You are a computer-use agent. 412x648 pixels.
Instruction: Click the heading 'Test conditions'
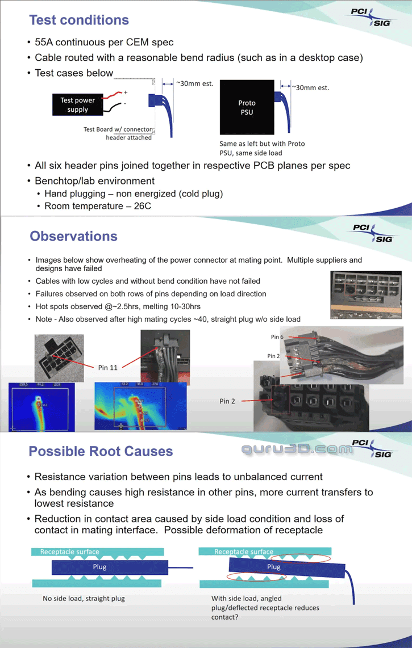[x=79, y=20]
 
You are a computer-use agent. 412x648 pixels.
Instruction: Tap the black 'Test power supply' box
[x=77, y=105]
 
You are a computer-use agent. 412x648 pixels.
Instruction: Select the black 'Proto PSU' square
[x=247, y=107]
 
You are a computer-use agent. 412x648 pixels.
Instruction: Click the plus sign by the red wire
[x=126, y=92]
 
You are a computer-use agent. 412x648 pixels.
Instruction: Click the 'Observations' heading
[x=73, y=236]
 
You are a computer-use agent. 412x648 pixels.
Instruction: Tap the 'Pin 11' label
[x=108, y=368]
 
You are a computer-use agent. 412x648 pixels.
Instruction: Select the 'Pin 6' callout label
[x=277, y=337]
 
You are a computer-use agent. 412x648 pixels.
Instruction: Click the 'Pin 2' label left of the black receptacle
[x=227, y=401]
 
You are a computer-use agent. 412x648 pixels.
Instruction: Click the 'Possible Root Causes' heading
[x=101, y=452]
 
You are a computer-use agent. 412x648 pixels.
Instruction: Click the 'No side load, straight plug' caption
[x=84, y=598]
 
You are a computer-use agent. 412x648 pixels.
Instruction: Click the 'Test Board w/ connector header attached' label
[x=118, y=133]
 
